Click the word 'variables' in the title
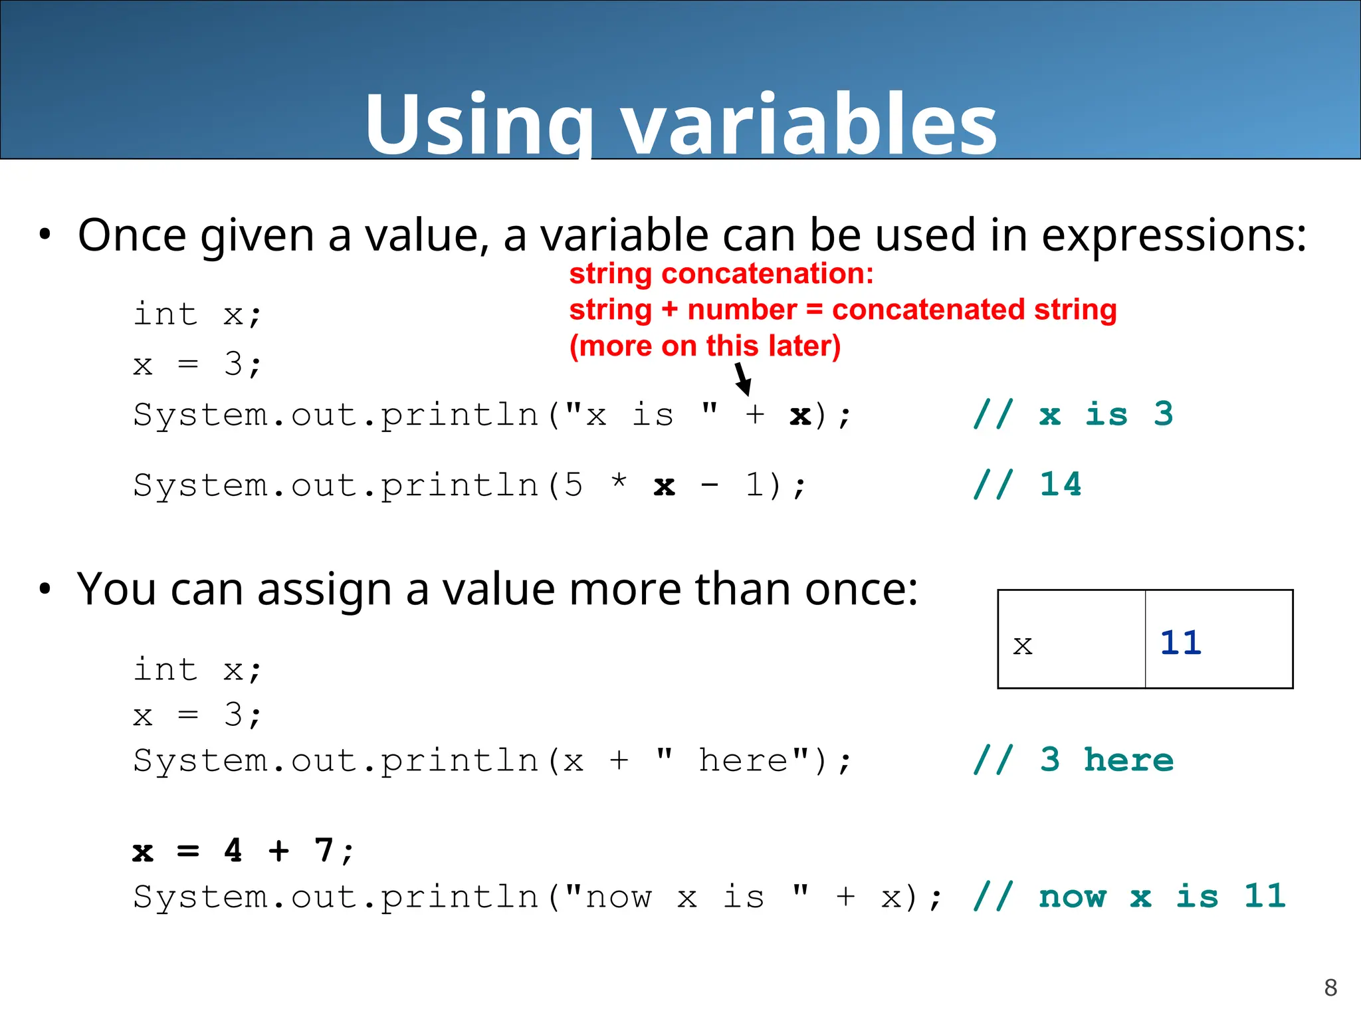(809, 124)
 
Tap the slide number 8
(1330, 988)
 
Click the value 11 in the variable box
(1181, 643)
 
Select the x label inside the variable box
(1023, 645)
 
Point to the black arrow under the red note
(742, 380)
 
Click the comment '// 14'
(1027, 484)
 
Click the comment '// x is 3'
(1073, 414)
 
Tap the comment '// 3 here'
(1073, 760)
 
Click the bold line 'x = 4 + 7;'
(243, 851)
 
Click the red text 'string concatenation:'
(721, 274)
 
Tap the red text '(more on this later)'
(705, 346)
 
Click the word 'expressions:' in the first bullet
(1174, 235)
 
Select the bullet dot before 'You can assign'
(45, 589)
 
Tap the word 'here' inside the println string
(743, 760)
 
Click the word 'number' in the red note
(742, 310)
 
